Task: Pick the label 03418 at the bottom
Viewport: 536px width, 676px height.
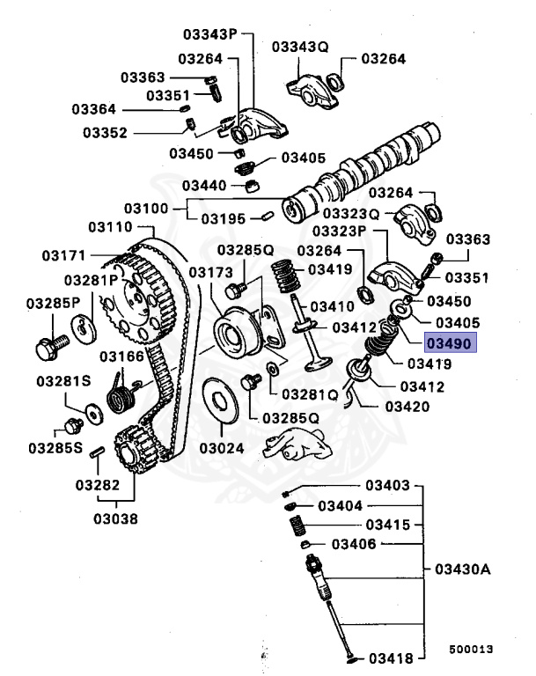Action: [391, 658]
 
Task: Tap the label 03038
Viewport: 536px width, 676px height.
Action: [116, 518]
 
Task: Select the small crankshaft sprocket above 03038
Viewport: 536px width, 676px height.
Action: [131, 449]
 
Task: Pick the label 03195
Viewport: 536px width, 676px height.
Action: [223, 217]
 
